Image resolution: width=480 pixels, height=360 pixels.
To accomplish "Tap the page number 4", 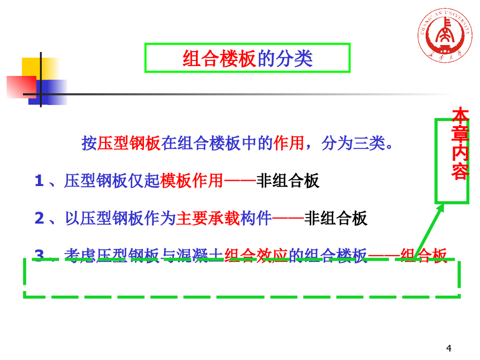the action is (449, 348).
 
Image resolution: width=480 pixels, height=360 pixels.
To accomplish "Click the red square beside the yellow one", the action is (21, 87).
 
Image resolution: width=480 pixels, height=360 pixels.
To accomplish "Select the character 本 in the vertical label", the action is (460, 115).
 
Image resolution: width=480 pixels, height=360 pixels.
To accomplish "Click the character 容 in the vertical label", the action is (460, 172).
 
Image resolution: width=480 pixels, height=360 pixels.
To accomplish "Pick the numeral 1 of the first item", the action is (39, 181).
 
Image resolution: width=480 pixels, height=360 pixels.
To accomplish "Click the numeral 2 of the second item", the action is (39, 218).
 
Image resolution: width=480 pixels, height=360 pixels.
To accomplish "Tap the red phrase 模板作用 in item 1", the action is (192, 181).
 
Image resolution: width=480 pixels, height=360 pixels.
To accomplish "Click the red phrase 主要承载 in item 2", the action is (208, 218).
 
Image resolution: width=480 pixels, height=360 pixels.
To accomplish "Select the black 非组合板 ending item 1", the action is (288, 181).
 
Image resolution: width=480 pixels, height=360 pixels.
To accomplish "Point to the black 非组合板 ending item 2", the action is (336, 218).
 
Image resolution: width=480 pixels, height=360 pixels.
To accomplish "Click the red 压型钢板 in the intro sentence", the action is (129, 143).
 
